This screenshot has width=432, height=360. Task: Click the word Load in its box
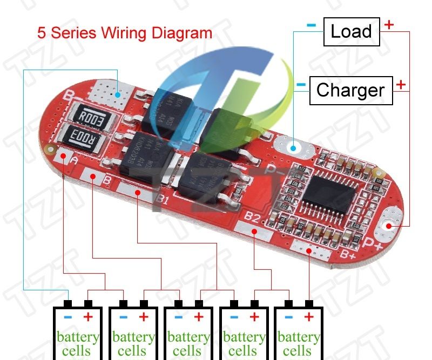tap(351, 31)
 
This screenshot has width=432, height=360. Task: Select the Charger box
tap(350, 90)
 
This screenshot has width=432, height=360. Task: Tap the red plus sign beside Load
tap(389, 24)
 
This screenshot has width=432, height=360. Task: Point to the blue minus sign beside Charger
tap(301, 84)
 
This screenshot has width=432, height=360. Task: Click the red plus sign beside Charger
tap(401, 84)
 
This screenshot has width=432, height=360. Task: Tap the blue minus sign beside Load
tap(311, 24)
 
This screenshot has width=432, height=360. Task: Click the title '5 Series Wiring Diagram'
tap(125, 32)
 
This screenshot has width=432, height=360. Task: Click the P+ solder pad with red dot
tap(387, 226)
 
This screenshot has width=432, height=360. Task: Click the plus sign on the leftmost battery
tap(88, 317)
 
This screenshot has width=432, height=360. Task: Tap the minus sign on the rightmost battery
tap(288, 317)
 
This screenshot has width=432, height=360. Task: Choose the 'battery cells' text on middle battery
tap(188, 344)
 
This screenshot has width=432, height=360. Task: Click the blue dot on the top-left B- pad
tap(118, 94)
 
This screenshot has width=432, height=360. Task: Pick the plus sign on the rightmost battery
tap(309, 317)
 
